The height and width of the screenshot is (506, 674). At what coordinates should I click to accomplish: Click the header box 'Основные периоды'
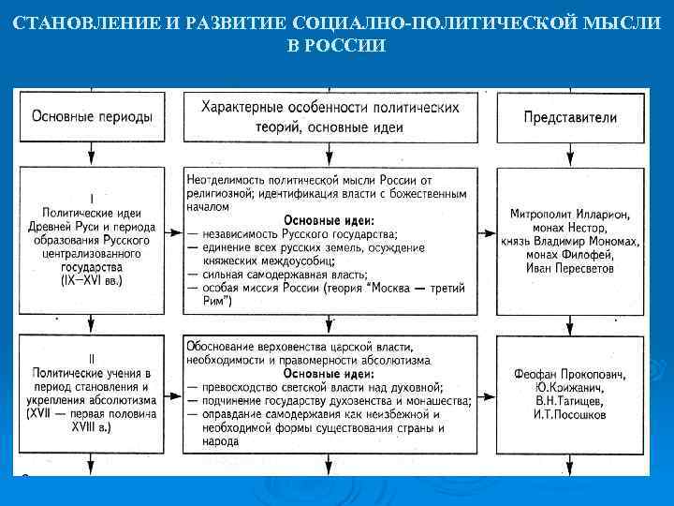click(93, 117)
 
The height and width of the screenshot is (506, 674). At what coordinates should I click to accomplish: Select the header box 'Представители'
click(570, 118)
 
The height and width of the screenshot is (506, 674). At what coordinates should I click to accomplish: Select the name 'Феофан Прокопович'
click(570, 374)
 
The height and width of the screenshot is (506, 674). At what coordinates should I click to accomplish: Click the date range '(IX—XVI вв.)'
click(92, 279)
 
